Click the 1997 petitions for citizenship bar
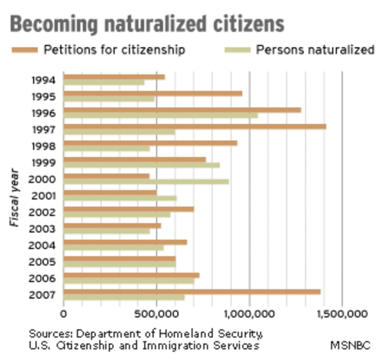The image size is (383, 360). click(x=195, y=126)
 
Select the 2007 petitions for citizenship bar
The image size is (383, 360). click(x=191, y=292)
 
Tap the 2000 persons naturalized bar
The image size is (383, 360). click(x=146, y=182)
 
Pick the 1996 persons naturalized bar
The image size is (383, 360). click(x=160, y=115)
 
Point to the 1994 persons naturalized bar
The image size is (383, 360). click(x=104, y=83)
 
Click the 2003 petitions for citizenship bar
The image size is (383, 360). click(x=112, y=226)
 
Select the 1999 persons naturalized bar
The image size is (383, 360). click(x=141, y=165)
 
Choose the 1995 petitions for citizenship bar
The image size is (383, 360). click(x=153, y=93)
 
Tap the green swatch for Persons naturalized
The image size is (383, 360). click(x=237, y=49)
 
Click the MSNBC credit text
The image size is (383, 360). click(x=350, y=345)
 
